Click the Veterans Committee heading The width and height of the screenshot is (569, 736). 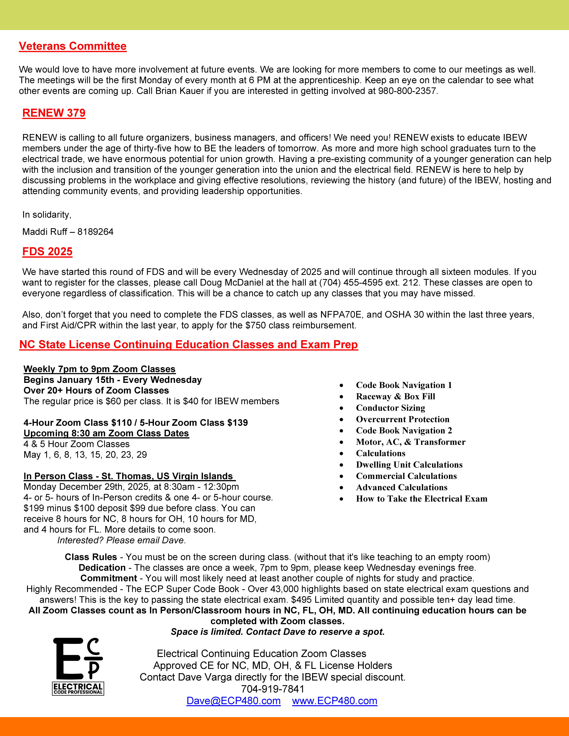point(72,46)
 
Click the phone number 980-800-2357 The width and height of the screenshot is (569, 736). point(408,91)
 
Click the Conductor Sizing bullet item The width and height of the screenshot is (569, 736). point(390,408)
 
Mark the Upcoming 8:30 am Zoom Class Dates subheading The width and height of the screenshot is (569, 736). point(106,433)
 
